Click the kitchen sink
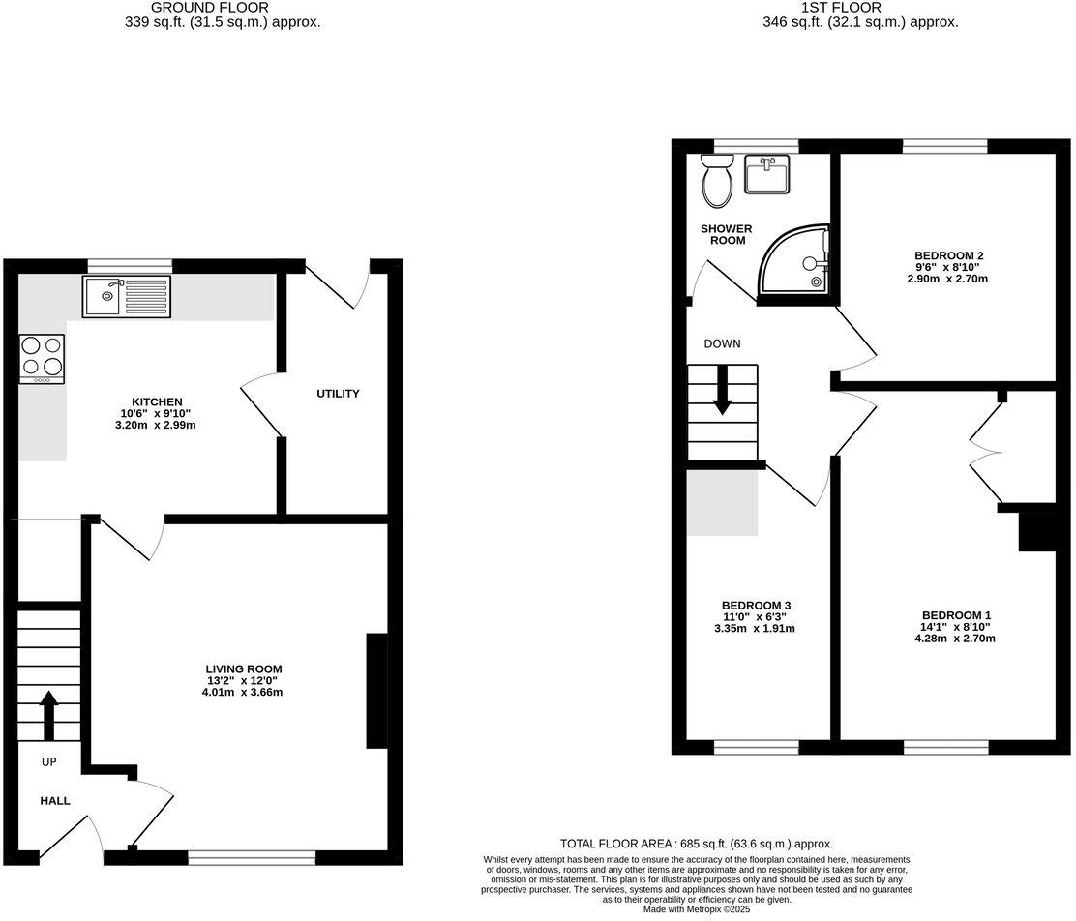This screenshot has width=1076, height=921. pyautogui.click(x=127, y=296)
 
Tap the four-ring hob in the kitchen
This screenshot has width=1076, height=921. pyautogui.click(x=42, y=358)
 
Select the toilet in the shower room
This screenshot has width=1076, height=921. pyautogui.click(x=717, y=184)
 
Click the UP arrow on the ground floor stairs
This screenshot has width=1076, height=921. pyautogui.click(x=48, y=714)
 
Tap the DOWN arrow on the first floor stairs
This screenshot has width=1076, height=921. pyautogui.click(x=722, y=397)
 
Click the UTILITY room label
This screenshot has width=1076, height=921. pyautogui.click(x=338, y=394)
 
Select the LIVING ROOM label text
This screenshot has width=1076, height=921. pyautogui.click(x=243, y=668)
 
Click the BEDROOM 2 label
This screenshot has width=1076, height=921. pyautogui.click(x=934, y=255)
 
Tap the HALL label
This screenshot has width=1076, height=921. pyautogui.click(x=55, y=801)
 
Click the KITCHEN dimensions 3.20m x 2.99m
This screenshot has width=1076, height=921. pyautogui.click(x=157, y=425)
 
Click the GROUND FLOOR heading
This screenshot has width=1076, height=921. pyautogui.click(x=224, y=7)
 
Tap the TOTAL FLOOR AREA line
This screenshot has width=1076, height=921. pyautogui.click(x=696, y=844)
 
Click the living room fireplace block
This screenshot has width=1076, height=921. pyautogui.click(x=376, y=691)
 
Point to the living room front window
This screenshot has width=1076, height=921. pyautogui.click(x=252, y=856)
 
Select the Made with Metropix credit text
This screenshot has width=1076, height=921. pyautogui.click(x=696, y=908)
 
